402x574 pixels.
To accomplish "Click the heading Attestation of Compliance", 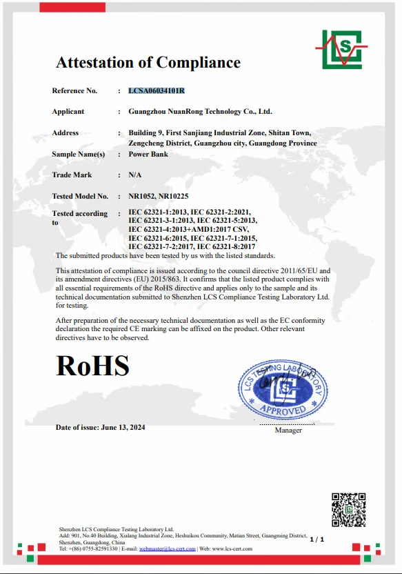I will click(148, 63).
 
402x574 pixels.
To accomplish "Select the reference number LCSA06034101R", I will click(157, 91).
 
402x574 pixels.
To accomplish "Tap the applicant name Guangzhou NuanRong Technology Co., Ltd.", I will click(200, 112).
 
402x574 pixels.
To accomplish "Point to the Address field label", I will click(66, 133).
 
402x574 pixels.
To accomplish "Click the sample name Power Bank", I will click(148, 155).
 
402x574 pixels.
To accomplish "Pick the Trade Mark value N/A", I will click(135, 175).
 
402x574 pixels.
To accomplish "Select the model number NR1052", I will click(141, 197).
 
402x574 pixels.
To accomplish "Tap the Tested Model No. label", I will click(80, 197).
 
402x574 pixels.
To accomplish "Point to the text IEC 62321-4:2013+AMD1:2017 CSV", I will click(188, 229).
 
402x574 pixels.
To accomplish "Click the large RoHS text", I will click(92, 366).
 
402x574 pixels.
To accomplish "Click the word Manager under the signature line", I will click(288, 430).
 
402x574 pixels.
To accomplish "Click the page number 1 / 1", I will click(317, 539).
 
